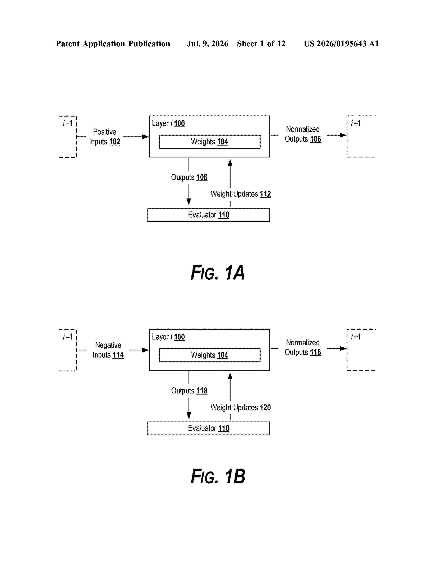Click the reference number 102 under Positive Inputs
click(x=114, y=142)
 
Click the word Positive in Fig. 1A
click(x=104, y=132)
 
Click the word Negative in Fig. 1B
click(x=108, y=345)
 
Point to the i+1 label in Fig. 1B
click(x=356, y=337)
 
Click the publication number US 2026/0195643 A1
click(x=341, y=44)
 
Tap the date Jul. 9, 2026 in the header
click(x=207, y=44)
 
